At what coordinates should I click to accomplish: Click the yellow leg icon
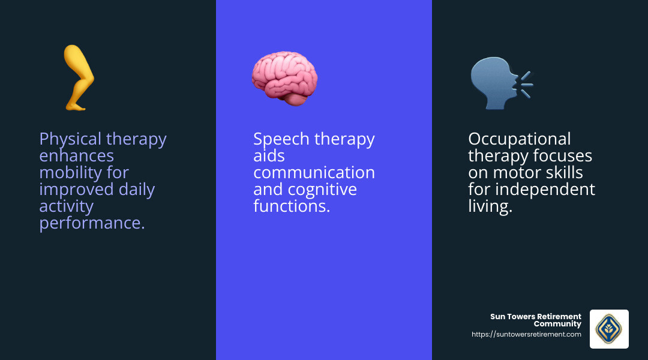coord(79,78)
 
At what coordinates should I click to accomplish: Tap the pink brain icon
coord(284,78)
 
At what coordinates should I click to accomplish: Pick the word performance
coord(91,223)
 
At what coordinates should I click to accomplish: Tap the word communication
coord(314,173)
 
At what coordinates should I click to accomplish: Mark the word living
coord(490,207)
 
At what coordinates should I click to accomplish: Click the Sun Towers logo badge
coord(609,329)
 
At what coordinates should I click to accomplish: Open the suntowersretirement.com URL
coord(526,335)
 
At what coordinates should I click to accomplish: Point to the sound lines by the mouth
coord(526,84)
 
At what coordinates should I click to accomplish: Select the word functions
coord(291,206)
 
